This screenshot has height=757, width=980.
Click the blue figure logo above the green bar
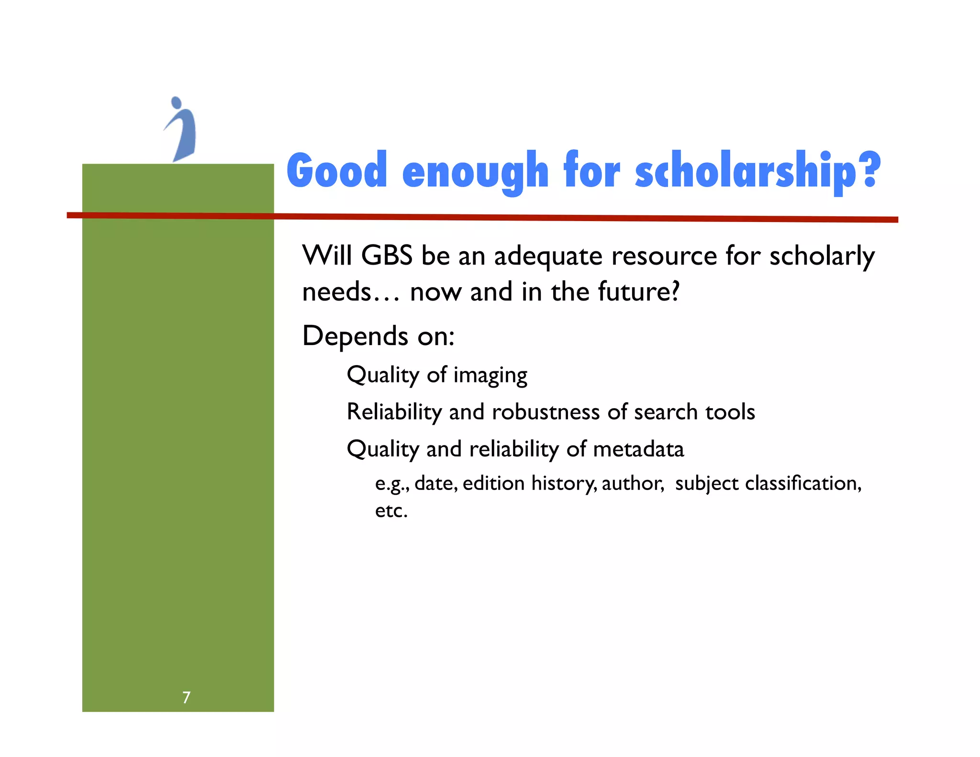pos(181,129)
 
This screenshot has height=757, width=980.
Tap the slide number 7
pos(186,697)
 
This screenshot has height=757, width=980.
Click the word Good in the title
pos(336,170)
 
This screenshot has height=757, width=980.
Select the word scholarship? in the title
pos(757,171)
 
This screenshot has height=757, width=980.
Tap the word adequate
pos(547,256)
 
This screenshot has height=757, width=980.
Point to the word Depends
pos(355,336)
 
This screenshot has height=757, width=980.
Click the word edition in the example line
pos(493,483)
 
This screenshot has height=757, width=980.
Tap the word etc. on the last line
pos(391,511)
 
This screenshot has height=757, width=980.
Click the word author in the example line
pos(632,483)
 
